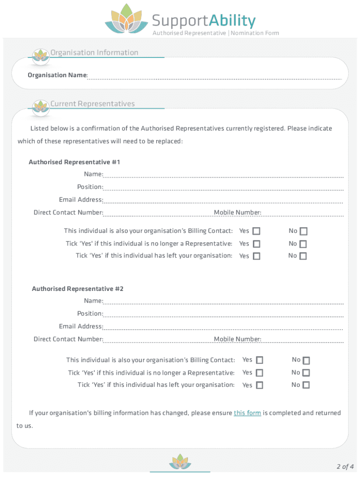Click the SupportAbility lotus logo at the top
coord(126,19)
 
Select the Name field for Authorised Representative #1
coord(223,175)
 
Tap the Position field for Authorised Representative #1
coord(223,188)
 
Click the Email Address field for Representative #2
coord(223,327)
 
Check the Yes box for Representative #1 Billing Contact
coord(256,231)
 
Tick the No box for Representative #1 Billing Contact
coord(303,231)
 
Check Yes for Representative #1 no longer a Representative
coord(256,244)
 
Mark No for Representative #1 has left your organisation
coord(303,256)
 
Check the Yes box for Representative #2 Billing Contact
coord(259,360)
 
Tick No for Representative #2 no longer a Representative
coord(306,373)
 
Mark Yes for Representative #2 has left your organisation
coord(259,385)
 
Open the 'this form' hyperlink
coord(247,413)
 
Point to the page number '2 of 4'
coord(345,466)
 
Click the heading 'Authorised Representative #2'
coord(78,289)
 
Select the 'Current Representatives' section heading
coord(93,104)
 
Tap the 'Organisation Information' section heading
coord(94,52)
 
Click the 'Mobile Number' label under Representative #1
coord(237,213)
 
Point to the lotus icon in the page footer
coord(180,462)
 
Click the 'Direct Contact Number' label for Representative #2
coord(68,339)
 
